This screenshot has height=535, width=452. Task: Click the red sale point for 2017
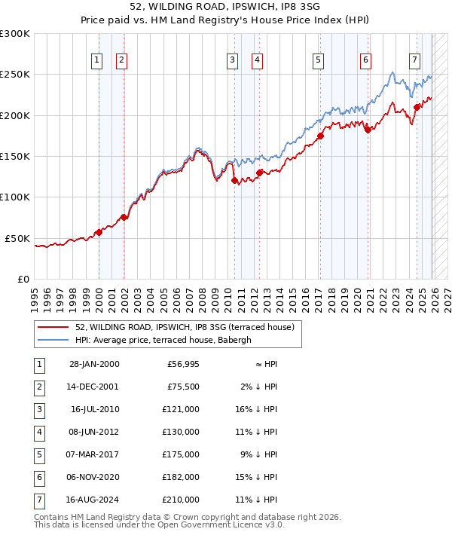[320, 136]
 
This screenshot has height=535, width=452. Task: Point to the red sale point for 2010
[234, 180]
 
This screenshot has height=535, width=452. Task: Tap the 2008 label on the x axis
[203, 294]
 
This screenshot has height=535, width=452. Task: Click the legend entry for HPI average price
[155, 340]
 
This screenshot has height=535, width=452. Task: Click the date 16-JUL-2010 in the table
[95, 409]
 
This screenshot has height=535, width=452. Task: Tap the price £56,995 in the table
[181, 364]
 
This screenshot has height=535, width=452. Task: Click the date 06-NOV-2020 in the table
[94, 477]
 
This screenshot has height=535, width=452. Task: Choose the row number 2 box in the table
[38, 387]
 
